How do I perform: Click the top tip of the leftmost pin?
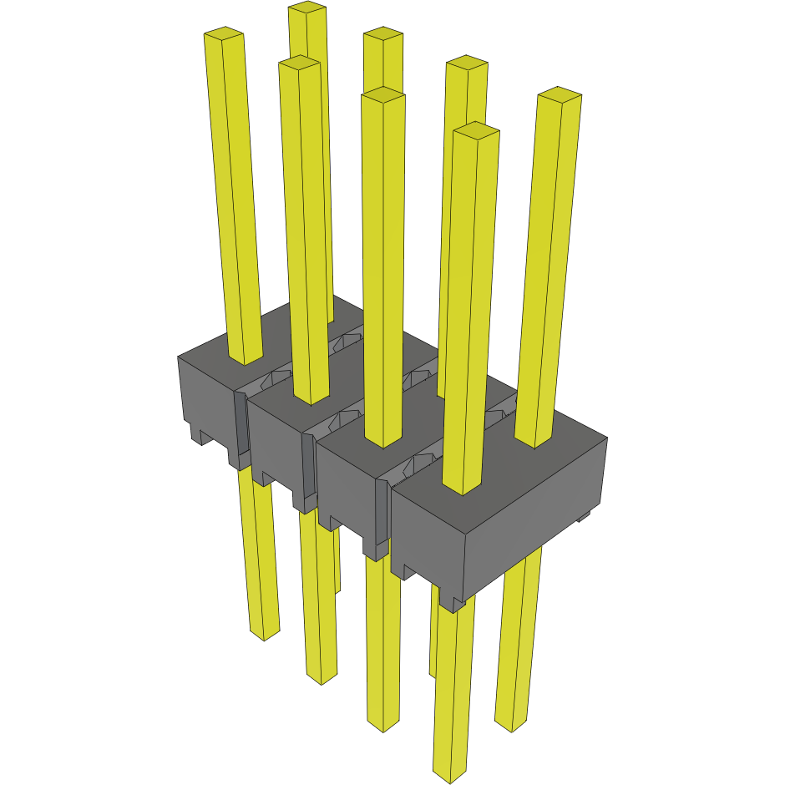tap(224, 34)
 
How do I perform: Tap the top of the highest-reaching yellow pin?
tap(306, 8)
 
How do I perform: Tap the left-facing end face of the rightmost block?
tap(426, 543)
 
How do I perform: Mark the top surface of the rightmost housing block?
tap(501, 468)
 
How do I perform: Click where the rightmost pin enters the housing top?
tap(534, 443)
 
